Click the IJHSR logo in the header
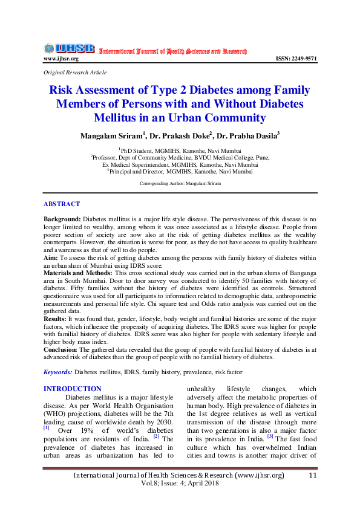[69, 48]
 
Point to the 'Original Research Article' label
[75, 72]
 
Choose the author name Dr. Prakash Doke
[180, 136]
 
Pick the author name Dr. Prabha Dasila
[247, 136]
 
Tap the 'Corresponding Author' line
[180, 183]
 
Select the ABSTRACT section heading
[62, 204]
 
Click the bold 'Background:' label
[62, 216]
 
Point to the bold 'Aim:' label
[51, 256]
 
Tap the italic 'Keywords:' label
[58, 372]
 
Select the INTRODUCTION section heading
[73, 389]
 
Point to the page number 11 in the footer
[313, 476]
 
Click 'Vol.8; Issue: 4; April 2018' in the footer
[180, 484]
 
